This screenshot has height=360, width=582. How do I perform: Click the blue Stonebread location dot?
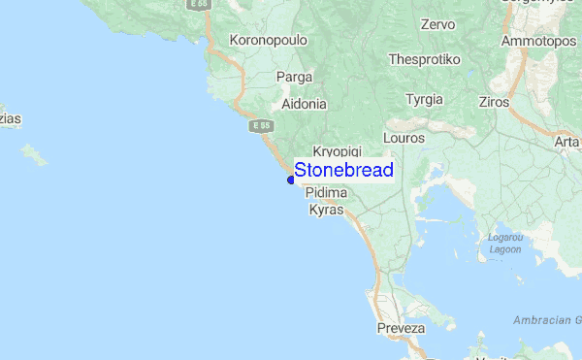pos(291,179)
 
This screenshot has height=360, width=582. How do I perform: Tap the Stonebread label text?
pos(343,171)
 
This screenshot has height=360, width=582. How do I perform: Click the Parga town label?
pos(294,76)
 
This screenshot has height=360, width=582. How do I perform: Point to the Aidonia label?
pos(305,103)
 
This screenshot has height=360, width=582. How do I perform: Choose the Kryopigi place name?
pos(337,153)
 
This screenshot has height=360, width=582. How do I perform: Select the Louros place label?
pos(404,139)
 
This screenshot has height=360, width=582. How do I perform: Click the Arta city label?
pos(566,143)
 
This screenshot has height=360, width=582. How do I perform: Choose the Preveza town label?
pos(401,329)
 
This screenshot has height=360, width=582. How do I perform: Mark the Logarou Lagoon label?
pos(504,243)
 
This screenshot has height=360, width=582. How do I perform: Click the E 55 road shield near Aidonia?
pos(259,126)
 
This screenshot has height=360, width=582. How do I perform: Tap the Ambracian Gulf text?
pos(548,319)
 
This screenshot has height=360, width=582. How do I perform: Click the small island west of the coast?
pos(35,154)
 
